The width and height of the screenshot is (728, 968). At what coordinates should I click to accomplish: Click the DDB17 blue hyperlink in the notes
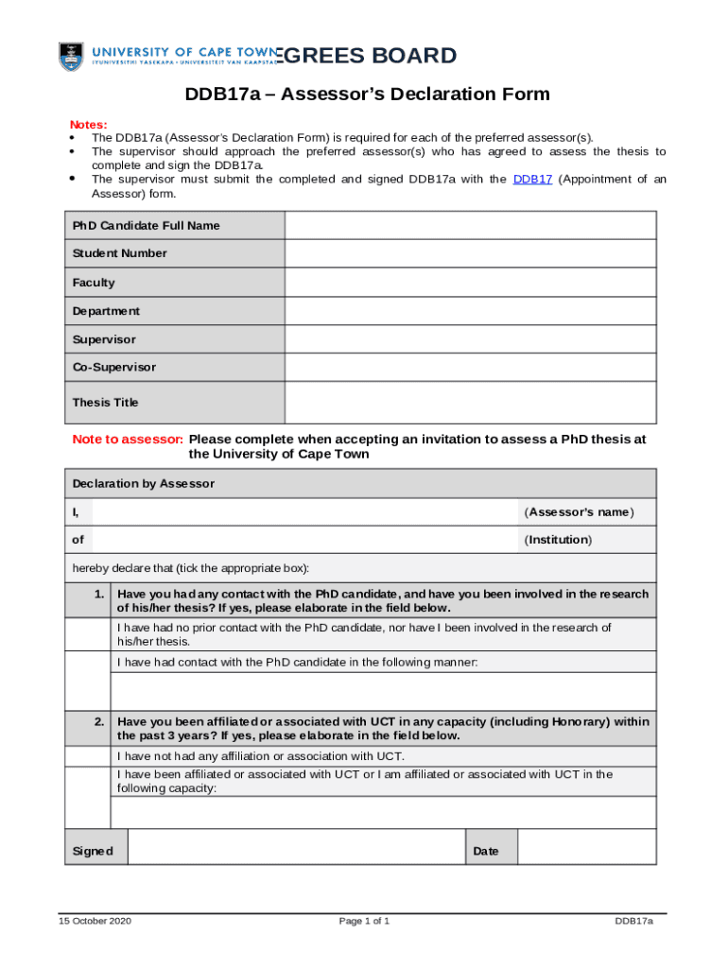(x=532, y=180)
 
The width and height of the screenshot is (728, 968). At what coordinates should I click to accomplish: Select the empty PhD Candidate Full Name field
(x=470, y=225)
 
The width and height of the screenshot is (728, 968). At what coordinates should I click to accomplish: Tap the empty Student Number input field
(x=470, y=253)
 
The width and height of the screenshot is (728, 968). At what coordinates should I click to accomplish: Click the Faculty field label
(x=94, y=283)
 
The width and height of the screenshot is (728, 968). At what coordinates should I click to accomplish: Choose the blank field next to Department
(x=470, y=311)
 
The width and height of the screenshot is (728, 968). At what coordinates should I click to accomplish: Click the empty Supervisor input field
(x=470, y=339)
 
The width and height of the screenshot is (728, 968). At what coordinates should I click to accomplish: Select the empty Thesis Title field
(x=470, y=403)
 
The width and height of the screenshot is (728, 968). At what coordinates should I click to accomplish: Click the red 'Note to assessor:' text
(x=128, y=440)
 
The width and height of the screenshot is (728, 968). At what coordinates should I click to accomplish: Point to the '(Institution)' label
(x=558, y=540)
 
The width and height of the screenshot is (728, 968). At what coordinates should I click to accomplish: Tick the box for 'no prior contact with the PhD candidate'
(x=88, y=634)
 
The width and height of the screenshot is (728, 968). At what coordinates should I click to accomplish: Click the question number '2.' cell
(x=98, y=721)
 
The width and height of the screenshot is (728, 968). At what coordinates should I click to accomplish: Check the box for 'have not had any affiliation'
(x=88, y=756)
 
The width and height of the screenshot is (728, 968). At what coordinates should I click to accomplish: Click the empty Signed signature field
(x=296, y=847)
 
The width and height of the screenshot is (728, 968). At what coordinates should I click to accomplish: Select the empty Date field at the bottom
(x=586, y=847)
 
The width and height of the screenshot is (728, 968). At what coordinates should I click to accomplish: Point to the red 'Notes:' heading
(x=89, y=125)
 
